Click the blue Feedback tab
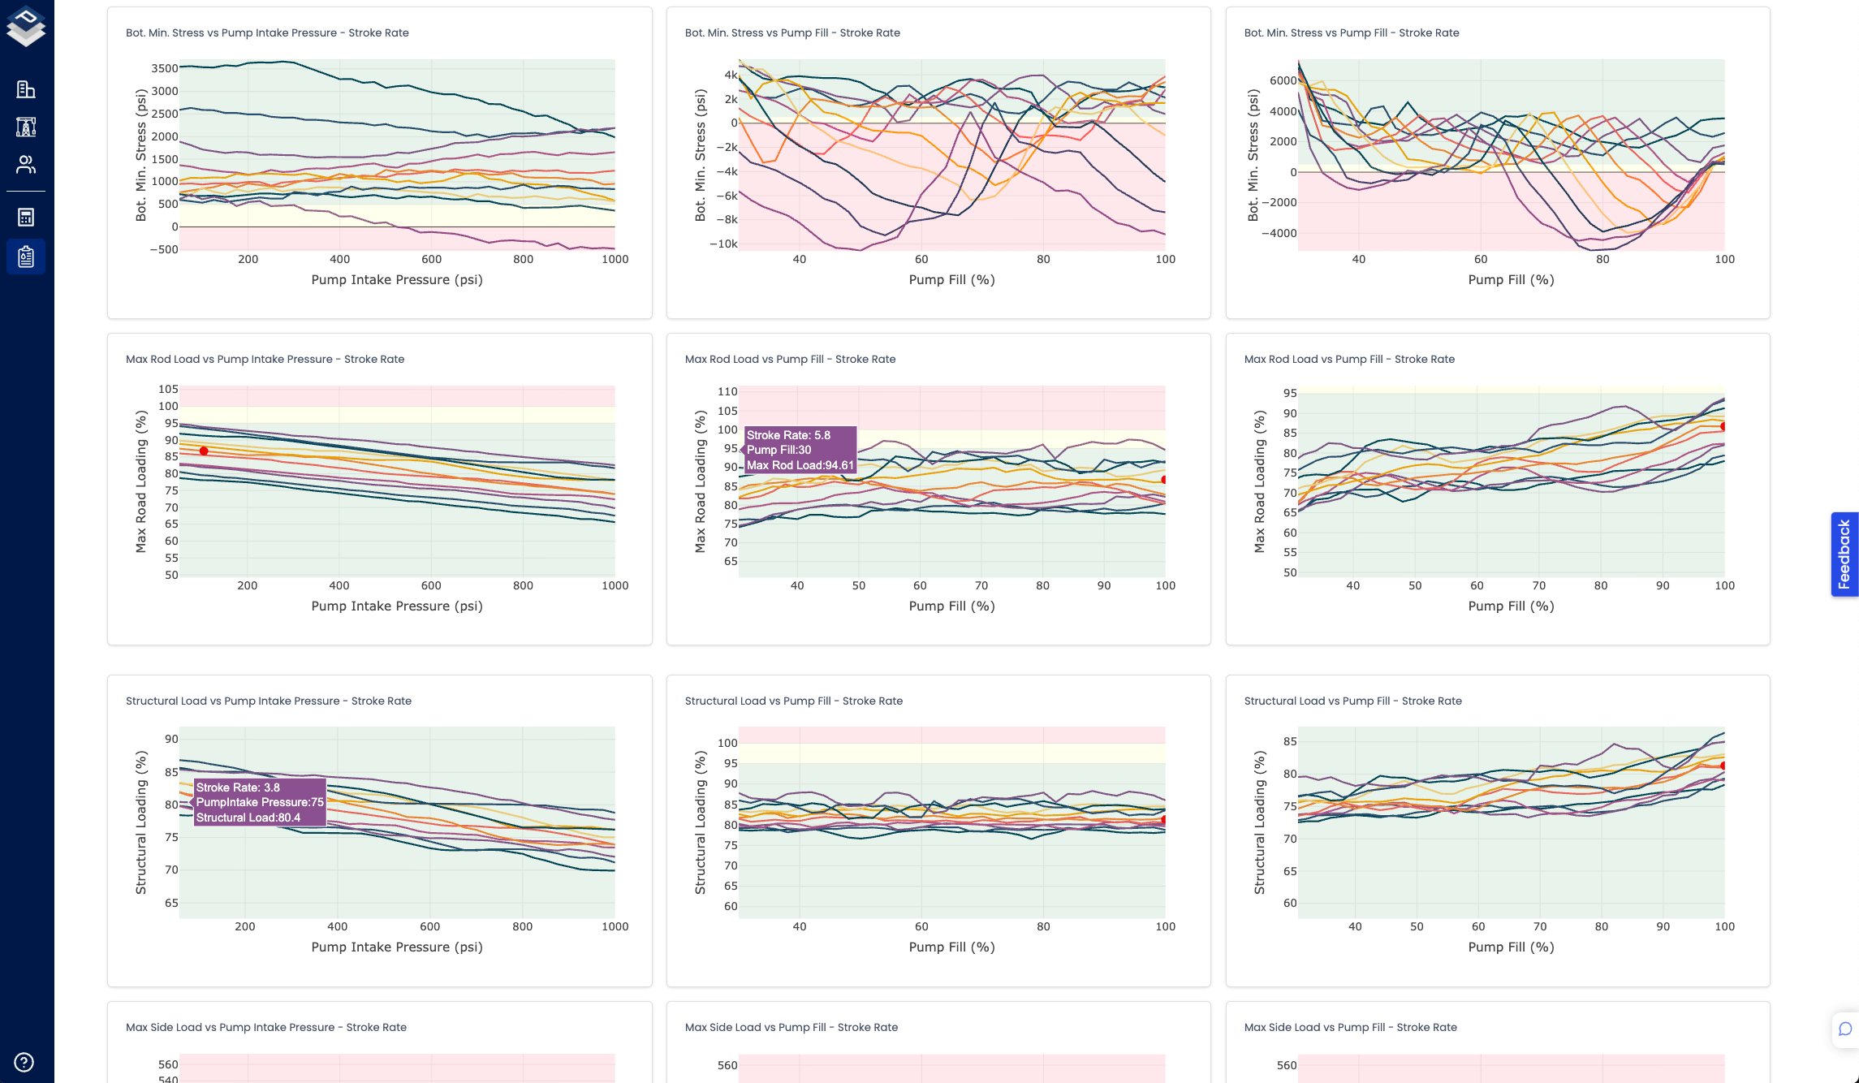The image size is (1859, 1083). tap(1844, 554)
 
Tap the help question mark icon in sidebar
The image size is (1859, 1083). tap(24, 1062)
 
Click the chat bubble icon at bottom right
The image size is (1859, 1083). tap(1844, 1029)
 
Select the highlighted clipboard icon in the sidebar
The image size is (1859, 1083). tap(26, 257)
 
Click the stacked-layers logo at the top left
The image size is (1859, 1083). tap(26, 26)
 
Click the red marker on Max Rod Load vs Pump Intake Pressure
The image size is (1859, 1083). tap(204, 451)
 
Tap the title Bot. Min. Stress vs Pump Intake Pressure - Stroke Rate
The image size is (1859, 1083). tap(267, 33)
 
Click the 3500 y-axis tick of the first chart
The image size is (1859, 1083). tap(164, 68)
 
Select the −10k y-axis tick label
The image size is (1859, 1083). tap(722, 244)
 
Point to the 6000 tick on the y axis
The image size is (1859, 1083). tap(1283, 80)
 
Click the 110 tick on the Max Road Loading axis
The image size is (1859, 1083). tap(727, 391)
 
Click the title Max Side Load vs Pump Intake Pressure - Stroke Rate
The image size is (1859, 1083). tap(266, 1027)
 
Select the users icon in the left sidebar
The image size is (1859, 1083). tap(26, 165)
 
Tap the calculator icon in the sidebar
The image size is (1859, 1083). tap(26, 217)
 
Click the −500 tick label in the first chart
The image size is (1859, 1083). tap(163, 249)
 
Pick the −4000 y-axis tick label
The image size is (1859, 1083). tap(1278, 233)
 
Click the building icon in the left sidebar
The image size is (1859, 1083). tap(26, 89)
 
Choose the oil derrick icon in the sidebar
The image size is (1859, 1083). tap(26, 127)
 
